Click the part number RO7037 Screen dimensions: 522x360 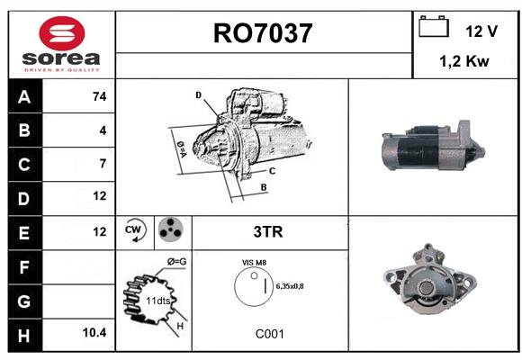263,33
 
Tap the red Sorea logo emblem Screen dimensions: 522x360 62,33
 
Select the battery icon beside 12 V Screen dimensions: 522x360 434,26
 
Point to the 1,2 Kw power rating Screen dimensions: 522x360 464,61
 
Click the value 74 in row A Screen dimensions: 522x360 100,96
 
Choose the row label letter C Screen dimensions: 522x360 24,165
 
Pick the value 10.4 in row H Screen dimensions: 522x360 94,332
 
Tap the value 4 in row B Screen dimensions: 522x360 103,130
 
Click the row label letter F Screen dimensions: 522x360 24,267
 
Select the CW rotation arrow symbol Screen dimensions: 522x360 135,230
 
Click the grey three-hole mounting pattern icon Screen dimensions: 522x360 170,229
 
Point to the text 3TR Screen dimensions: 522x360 268,232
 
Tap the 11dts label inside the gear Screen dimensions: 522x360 158,301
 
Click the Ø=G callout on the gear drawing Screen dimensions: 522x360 176,262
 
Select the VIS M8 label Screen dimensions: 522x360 254,263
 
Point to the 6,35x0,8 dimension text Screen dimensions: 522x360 290,286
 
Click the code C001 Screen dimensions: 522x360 270,334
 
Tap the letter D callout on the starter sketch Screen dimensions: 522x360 198,95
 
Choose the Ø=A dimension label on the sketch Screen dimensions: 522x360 182,149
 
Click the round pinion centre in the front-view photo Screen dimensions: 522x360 426,288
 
